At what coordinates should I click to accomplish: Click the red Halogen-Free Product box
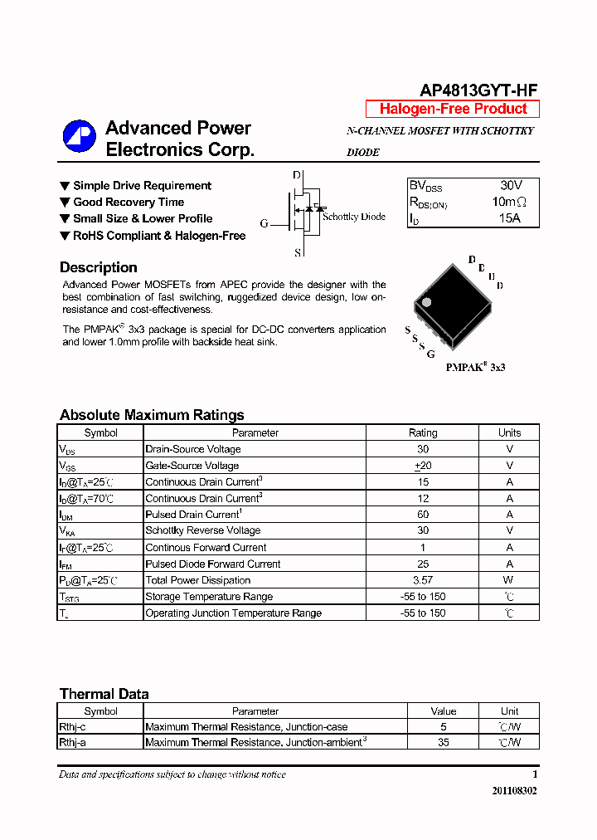[453, 109]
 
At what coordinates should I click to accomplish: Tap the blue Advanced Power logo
[80, 137]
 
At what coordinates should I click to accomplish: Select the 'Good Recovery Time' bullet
[129, 202]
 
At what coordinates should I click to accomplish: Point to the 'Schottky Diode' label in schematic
[354, 217]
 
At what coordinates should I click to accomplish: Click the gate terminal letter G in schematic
[264, 223]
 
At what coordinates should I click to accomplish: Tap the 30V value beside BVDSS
[511, 186]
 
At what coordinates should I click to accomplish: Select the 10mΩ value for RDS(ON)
[509, 202]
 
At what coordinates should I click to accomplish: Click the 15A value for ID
[509, 218]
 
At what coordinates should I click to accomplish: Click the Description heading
[99, 267]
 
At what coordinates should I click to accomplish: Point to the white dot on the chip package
[426, 302]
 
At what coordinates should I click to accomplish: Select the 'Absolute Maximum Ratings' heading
[152, 415]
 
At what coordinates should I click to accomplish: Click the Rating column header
[423, 432]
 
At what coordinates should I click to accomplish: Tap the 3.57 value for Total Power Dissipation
[423, 580]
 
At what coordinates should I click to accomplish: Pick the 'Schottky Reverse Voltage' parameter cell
[203, 530]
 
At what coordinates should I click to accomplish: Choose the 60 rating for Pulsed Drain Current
[423, 515]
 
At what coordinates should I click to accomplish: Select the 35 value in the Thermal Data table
[444, 743]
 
